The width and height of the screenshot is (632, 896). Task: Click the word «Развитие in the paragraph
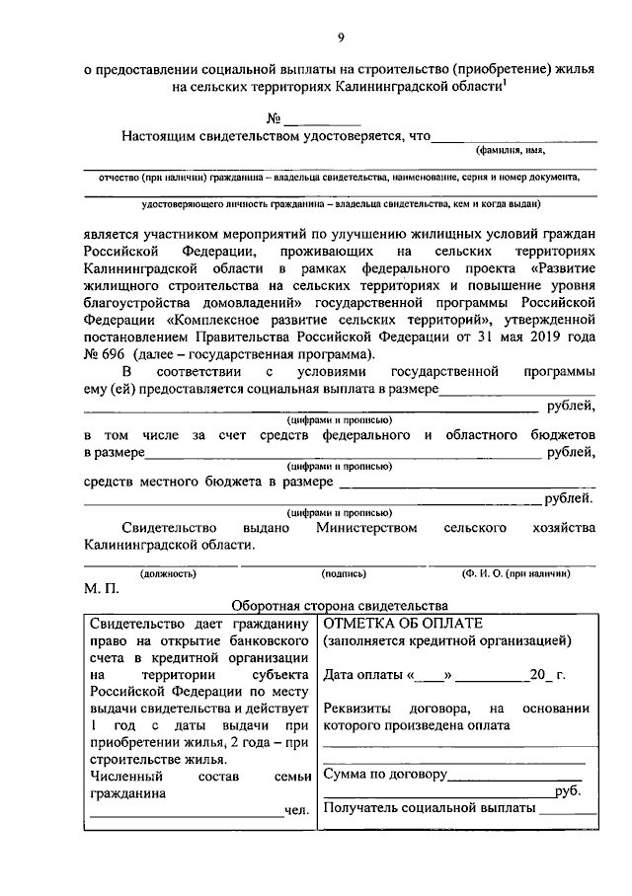coord(562,268)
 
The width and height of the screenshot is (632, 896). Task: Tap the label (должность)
coord(167,572)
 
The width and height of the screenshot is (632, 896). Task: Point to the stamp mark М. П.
coord(102,589)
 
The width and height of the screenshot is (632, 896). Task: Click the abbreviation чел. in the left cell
coord(297,810)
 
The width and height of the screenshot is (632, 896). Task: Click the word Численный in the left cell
coord(121,776)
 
